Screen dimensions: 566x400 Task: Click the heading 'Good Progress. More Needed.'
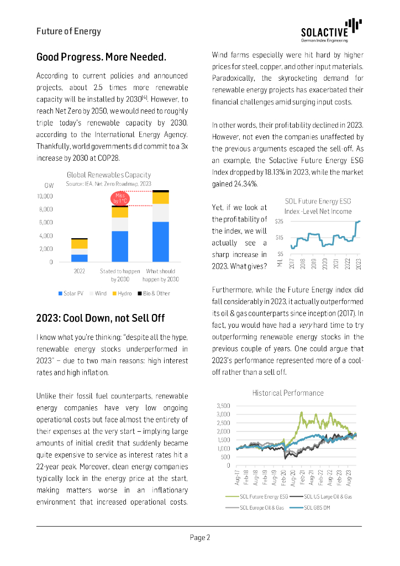click(x=101, y=57)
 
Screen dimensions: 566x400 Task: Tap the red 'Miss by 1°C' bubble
click(x=120, y=198)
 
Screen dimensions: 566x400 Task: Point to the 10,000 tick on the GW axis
click(x=45, y=196)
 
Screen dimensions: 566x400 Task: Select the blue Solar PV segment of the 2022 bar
click(x=80, y=258)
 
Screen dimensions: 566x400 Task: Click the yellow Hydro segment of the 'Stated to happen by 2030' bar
click(x=120, y=212)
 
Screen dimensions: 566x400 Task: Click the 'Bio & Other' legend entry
click(x=153, y=293)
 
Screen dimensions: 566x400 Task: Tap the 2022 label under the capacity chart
click(x=80, y=271)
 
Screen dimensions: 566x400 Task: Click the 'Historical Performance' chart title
click(x=288, y=393)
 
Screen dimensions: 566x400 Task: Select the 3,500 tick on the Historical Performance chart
click(x=222, y=405)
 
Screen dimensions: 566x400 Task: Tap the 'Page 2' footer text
click(x=200, y=537)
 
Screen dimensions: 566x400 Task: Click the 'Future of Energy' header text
click(x=69, y=31)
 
